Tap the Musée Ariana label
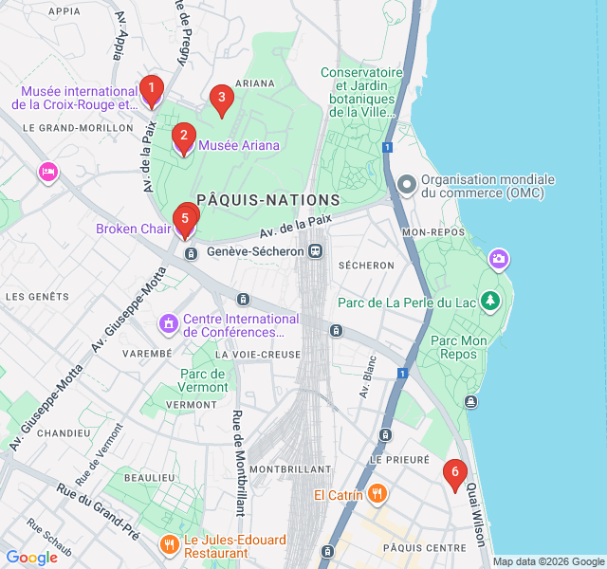tap(238, 145)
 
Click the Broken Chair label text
tap(133, 229)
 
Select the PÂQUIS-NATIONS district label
tap(268, 200)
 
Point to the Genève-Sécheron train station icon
tap(316, 251)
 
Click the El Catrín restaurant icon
tap(377, 493)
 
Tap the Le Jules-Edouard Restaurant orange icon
tap(170, 544)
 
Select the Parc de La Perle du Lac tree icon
tap(489, 303)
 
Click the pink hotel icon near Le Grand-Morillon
tap(47, 172)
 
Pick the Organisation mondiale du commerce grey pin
tap(406, 184)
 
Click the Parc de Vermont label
tap(204, 380)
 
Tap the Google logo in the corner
tap(31, 558)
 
